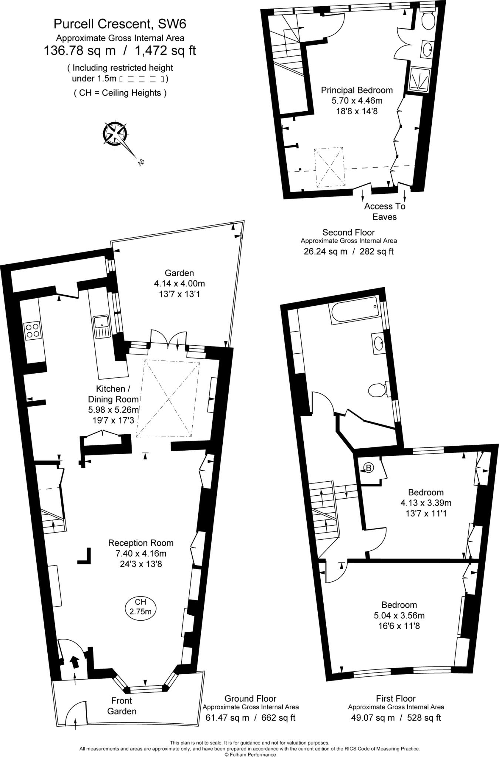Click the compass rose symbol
(x=115, y=133)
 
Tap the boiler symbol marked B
(x=369, y=468)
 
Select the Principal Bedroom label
(x=357, y=90)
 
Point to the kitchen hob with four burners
(x=32, y=330)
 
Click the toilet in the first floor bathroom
(x=378, y=389)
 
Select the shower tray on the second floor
(x=420, y=79)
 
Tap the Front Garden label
(x=122, y=706)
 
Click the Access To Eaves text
(x=385, y=211)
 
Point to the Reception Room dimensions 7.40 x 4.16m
(x=141, y=553)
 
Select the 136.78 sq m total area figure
(x=80, y=50)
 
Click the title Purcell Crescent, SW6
(x=120, y=24)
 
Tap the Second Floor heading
(x=348, y=232)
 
